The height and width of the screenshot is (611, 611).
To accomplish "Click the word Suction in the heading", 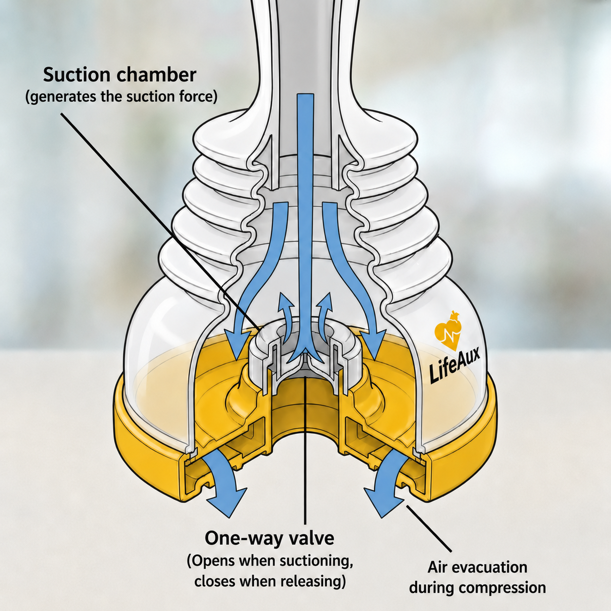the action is pyautogui.click(x=77, y=75).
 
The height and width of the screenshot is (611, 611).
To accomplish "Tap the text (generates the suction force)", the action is pyautogui.click(x=121, y=96).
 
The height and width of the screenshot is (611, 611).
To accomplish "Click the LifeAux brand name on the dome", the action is pyautogui.click(x=454, y=363).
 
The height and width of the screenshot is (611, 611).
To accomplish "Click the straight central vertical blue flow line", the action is pyautogui.click(x=305, y=222).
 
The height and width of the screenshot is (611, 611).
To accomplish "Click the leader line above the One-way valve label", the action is pyautogui.click(x=305, y=444).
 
